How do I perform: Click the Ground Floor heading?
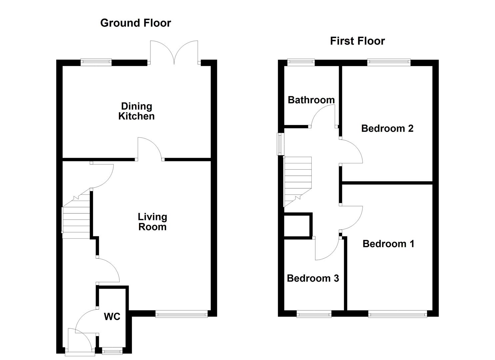coord(135,23)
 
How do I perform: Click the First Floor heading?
coord(357,41)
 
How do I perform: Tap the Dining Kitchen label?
coord(136,111)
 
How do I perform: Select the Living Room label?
coord(152,222)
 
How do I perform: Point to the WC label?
coord(112,317)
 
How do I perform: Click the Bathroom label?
coord(311,100)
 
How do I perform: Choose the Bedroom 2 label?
coord(387,128)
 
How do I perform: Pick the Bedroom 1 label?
coord(388,244)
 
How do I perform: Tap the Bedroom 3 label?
coord(313,278)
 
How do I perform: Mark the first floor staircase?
coord(297,180)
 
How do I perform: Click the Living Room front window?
coord(182,313)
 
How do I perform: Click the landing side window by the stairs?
coord(281,144)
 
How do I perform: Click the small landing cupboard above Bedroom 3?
coord(297,226)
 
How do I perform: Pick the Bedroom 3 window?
coord(314,313)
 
